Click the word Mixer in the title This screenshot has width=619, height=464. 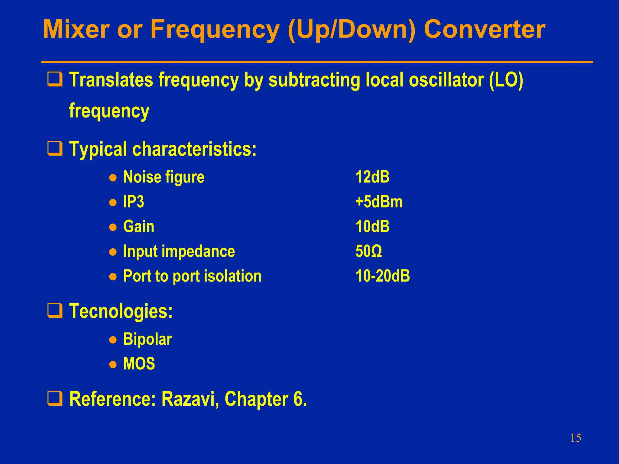tap(76, 30)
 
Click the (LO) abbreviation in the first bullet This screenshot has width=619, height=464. tap(506, 80)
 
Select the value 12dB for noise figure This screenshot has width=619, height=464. tap(372, 177)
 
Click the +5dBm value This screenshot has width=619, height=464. tap(379, 202)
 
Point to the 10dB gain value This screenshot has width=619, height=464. tap(372, 227)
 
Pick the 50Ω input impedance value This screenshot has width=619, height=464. tap(368, 251)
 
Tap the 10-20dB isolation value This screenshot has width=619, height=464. tap(382, 276)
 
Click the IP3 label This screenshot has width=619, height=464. tap(134, 202)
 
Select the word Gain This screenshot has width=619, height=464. tap(139, 227)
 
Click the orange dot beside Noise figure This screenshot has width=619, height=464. tap(113, 178)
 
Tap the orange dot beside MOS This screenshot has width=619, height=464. tap(113, 365)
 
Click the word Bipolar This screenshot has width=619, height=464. tap(147, 339)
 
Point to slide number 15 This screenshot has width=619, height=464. tap(575, 438)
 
